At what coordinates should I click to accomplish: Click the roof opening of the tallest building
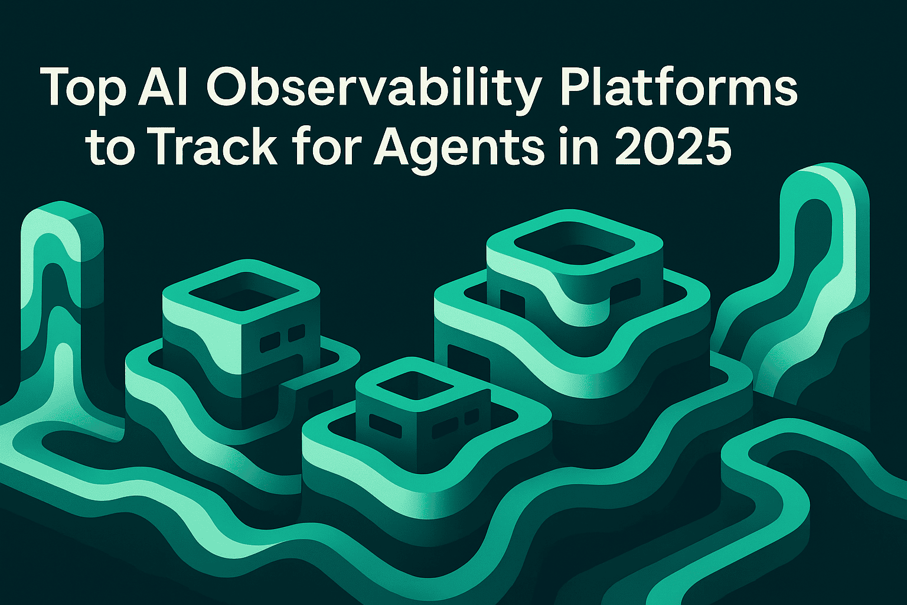tap(575, 243)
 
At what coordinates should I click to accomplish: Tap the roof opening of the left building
tap(240, 292)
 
